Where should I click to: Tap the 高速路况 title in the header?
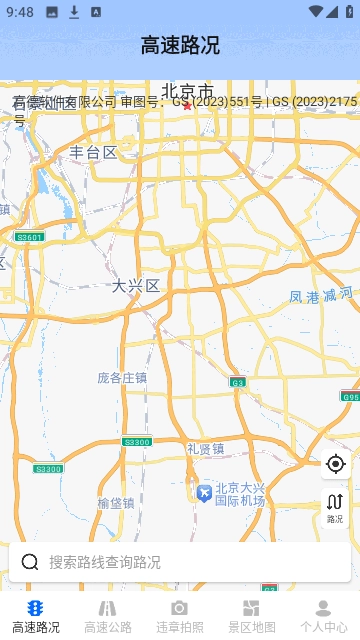180,45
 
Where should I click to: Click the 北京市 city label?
187,90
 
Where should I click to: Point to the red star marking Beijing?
186,105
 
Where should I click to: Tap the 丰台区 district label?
93,152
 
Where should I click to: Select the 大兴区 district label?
135,286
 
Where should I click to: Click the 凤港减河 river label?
320,295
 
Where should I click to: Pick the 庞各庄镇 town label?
122,377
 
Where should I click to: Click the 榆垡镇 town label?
116,503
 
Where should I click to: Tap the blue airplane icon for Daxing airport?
204,493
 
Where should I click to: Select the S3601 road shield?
29,237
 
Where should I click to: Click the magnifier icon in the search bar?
30,562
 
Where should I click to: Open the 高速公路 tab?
108,616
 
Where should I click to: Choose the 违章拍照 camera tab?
179,616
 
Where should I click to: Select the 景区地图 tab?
251,616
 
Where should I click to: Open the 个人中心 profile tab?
323,616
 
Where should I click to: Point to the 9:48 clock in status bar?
19,12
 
